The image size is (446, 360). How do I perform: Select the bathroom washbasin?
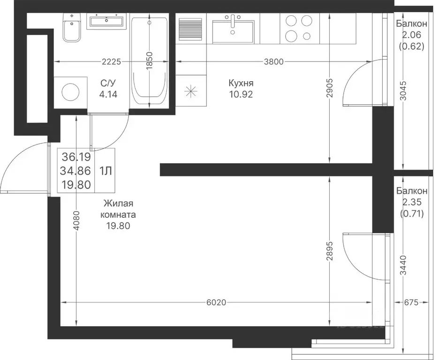click(x=106, y=21)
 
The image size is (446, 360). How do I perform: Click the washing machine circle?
click(x=70, y=92)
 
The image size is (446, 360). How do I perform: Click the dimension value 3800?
click(x=273, y=61)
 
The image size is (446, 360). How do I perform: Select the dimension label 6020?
click(x=216, y=302)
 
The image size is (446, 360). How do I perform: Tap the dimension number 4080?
click(x=77, y=220)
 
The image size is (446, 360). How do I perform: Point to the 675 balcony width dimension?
click(x=411, y=302)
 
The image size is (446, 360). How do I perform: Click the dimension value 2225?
click(x=112, y=61)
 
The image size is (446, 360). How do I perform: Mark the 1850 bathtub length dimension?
click(x=150, y=61)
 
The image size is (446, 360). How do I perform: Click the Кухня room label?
click(x=241, y=83)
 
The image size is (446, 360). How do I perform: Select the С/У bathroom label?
click(x=108, y=83)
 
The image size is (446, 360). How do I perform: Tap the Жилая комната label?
click(x=118, y=209)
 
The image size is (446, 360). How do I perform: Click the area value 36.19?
click(x=76, y=156)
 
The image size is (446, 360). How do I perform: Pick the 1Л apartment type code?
click(x=105, y=171)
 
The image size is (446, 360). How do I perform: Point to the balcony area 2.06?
click(x=411, y=35)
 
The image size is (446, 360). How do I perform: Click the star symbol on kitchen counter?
click(x=190, y=91)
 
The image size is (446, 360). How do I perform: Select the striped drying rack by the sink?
click(x=190, y=29)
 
